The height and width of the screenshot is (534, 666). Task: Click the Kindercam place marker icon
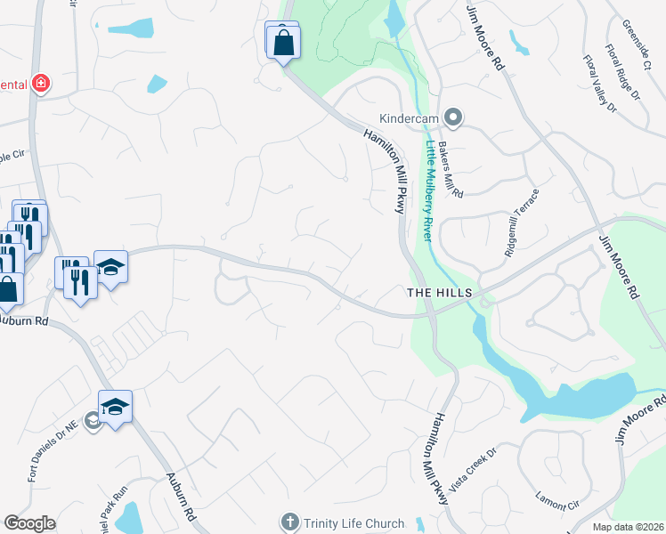point(453,117)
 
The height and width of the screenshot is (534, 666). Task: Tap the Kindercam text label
point(410,118)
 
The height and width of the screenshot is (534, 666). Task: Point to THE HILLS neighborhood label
point(438,293)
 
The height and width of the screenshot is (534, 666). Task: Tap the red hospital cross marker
point(40,84)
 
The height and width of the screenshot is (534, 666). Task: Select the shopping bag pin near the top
point(283,41)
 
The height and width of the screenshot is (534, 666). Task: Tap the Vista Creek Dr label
point(472,470)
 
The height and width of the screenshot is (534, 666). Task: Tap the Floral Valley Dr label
point(600,84)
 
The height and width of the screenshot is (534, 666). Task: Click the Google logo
point(29,523)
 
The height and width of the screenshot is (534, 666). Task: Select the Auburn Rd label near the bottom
point(181,496)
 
